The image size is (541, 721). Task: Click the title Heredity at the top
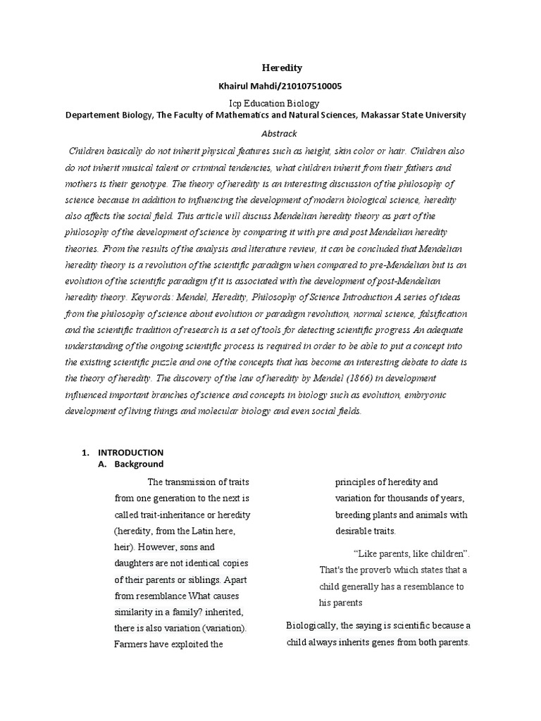[282, 68]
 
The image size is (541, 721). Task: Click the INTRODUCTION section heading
[130, 452]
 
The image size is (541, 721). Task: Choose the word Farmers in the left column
[131, 644]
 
